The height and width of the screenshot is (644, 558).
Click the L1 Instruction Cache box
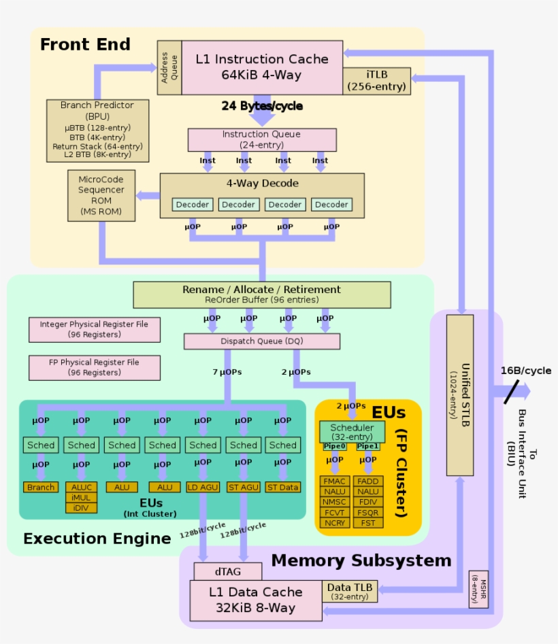click(262, 67)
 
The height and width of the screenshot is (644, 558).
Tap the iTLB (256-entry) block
click(376, 80)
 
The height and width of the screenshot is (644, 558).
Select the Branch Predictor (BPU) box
click(97, 131)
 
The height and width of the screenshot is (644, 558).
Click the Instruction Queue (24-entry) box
click(262, 139)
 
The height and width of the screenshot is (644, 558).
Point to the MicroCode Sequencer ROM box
click(101, 195)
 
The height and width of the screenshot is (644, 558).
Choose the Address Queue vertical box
click(169, 67)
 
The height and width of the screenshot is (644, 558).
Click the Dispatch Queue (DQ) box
click(262, 341)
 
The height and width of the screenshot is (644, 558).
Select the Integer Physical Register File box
click(95, 329)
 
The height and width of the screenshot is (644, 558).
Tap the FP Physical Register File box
click(95, 367)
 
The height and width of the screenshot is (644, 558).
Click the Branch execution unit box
click(41, 487)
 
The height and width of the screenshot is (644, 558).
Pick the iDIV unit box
click(82, 507)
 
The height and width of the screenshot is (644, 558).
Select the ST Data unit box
click(283, 487)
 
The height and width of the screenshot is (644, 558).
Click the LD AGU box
click(203, 487)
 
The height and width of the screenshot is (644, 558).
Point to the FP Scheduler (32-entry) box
click(352, 432)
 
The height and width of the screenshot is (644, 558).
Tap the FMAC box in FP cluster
click(335, 481)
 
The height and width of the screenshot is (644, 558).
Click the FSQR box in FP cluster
click(368, 512)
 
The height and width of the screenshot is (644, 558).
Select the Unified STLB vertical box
click(459, 394)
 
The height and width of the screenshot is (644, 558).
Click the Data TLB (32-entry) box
click(350, 591)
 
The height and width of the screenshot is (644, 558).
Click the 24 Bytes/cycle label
click(262, 106)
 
